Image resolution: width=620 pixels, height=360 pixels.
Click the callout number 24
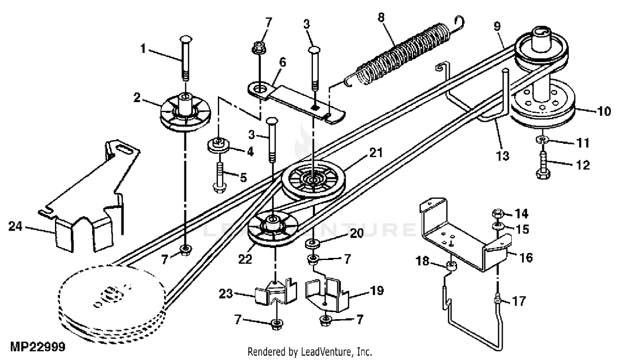15,226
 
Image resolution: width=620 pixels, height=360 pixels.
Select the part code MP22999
38,346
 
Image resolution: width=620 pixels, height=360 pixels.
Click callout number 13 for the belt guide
503,156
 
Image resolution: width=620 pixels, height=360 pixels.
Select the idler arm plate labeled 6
298,99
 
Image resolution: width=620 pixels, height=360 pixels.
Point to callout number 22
245,259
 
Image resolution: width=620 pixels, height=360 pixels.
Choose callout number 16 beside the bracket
526,258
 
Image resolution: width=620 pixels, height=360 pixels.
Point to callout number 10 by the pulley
604,111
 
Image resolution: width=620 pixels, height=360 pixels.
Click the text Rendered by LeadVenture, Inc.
310,352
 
